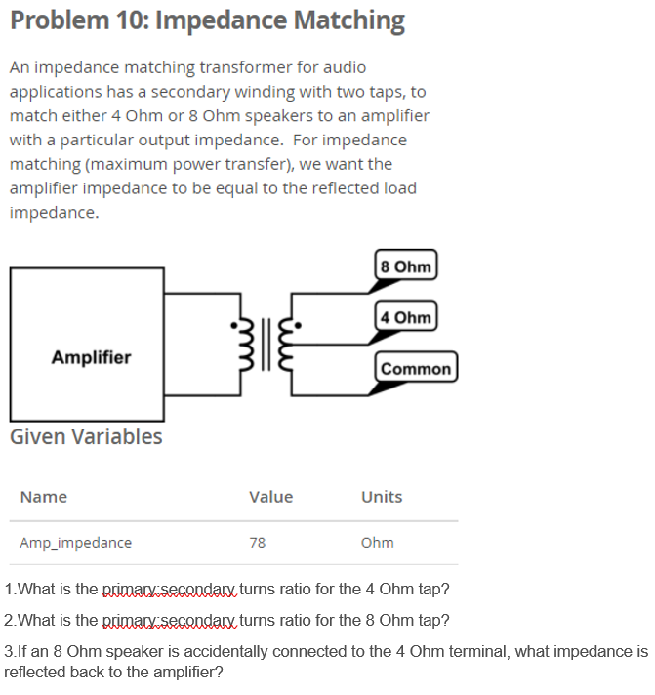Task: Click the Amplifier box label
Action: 91,357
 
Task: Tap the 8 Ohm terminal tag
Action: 406,266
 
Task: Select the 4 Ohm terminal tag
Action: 406,317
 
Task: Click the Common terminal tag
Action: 416,368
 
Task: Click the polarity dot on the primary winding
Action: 232,326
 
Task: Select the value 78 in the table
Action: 258,543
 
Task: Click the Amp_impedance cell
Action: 75,543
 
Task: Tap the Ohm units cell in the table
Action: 377,543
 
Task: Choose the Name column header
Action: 43,497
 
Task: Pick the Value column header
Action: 270,497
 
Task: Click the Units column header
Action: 382,497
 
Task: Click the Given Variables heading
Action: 86,436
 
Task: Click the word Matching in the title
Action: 341,20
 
